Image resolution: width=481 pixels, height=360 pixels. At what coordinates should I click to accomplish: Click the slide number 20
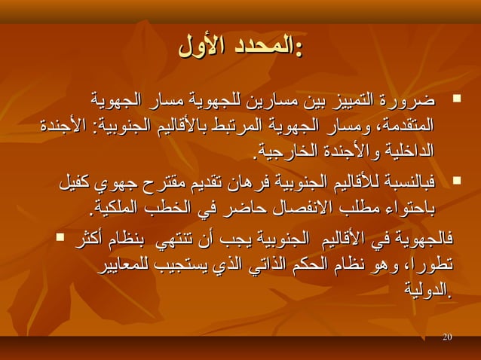pos(448,335)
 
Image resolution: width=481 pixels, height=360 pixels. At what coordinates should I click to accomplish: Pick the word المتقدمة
pos(408,123)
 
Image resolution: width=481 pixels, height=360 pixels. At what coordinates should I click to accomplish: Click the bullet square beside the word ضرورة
pos(456,99)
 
